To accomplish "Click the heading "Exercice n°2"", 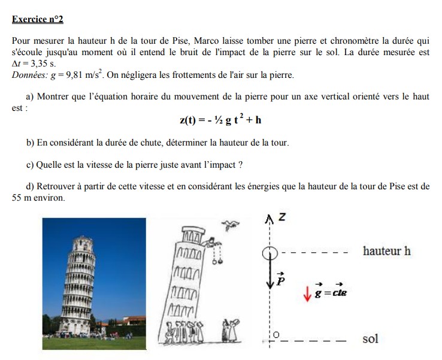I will coord(37,20).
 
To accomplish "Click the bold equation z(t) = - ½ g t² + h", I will coord(220,120).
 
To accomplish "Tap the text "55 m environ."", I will coord(38,197).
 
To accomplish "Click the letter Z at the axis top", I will coord(281,219).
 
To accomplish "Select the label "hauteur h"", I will coord(386,251).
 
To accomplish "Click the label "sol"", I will coord(370,339).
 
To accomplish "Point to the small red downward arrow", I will coord(307,294).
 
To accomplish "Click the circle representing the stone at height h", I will coord(269,252).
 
